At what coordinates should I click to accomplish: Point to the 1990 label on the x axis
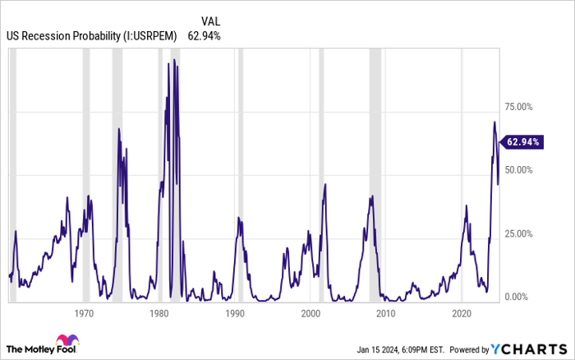click(x=235, y=313)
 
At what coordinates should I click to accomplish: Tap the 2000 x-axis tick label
click(x=310, y=313)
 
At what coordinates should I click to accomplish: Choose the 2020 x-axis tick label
click(x=462, y=313)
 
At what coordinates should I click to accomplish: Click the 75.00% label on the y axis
click(x=520, y=106)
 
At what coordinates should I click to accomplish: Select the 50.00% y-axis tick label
click(x=520, y=169)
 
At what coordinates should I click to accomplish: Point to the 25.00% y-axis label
click(x=520, y=233)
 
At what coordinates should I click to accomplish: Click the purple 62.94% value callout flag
click(x=522, y=141)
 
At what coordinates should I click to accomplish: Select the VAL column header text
click(x=211, y=21)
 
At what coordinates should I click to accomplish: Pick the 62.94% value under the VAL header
click(x=204, y=35)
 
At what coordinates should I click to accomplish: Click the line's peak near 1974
click(x=119, y=128)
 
